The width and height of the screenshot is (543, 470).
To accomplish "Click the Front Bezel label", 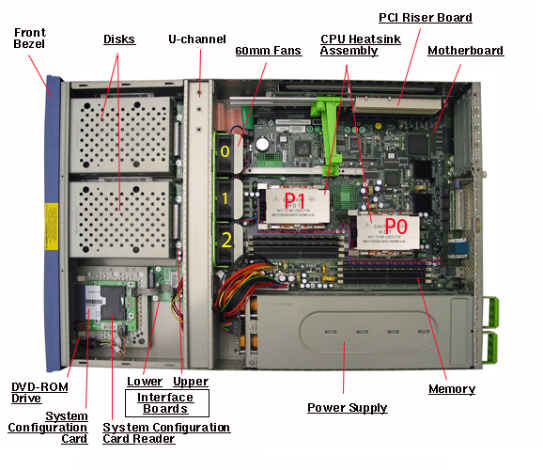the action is tap(29, 39).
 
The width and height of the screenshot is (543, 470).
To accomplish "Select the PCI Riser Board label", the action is tap(426, 18).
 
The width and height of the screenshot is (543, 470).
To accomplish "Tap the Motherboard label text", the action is tap(465, 51).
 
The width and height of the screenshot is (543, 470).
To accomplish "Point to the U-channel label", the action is tap(197, 39).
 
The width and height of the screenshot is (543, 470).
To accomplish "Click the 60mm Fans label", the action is tap(269, 51).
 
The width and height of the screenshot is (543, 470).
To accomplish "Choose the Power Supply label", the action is tap(348, 408).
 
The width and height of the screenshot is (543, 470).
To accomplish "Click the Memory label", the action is tap(452, 389).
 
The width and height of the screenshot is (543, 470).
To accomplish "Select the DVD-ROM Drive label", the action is tap(39, 393).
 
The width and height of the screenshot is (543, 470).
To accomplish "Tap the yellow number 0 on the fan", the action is tap(225, 151).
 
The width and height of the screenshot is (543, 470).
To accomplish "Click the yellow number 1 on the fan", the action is tap(225, 198).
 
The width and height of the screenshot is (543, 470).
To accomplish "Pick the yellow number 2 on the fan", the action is tap(226, 240).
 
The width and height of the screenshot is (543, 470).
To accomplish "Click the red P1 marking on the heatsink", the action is tap(295, 200).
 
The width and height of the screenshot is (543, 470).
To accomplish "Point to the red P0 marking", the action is tap(396, 226).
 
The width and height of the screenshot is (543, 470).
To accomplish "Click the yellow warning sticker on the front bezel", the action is tap(52, 227).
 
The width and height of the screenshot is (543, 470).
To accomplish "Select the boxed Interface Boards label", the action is tap(167, 403).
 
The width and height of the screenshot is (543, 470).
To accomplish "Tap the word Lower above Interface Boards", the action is tap(145, 382).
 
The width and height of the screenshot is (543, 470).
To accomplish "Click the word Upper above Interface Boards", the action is tap(191, 382).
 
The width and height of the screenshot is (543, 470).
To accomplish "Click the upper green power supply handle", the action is tap(490, 312).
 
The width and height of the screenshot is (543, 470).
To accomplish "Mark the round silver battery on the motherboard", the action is tap(262, 144).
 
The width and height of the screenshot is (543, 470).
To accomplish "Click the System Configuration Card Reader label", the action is tap(166, 433).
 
